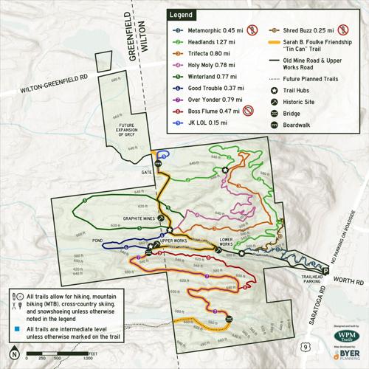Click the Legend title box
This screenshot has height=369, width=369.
pos(182,14)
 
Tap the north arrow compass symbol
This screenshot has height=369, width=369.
pos(14,352)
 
